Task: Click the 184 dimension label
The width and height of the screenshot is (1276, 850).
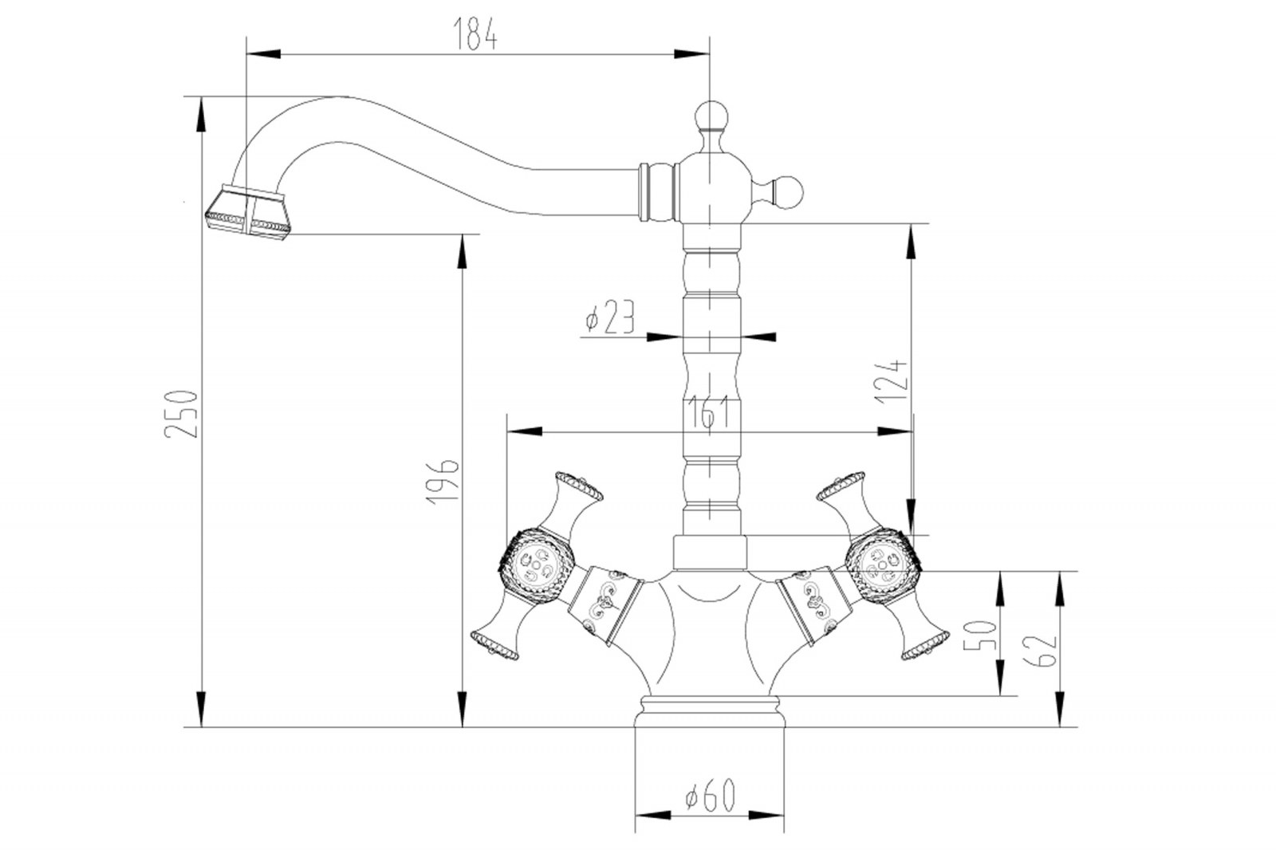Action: tap(475, 33)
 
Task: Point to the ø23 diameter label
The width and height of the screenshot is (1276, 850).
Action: tap(609, 317)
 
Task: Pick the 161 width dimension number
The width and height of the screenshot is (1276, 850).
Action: tap(708, 411)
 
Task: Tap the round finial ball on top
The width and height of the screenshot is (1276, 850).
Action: tap(709, 116)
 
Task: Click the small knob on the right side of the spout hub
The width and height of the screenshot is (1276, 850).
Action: tap(790, 191)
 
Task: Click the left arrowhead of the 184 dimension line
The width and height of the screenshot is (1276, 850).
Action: tap(263, 54)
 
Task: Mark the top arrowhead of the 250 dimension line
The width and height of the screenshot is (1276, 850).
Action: tap(202, 112)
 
